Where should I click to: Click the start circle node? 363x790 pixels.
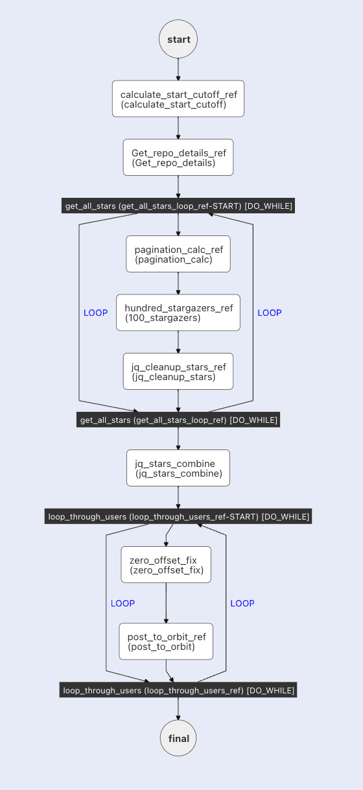pyautogui.click(x=178, y=40)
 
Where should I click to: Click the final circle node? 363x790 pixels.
pyautogui.click(x=178, y=738)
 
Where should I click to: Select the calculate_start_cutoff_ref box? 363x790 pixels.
pyautogui.click(x=178, y=99)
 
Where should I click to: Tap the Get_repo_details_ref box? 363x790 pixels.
pyautogui.click(x=178, y=157)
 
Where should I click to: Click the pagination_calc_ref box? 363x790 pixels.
pyautogui.click(x=178, y=254)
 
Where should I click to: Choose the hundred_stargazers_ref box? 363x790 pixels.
pyautogui.click(x=178, y=313)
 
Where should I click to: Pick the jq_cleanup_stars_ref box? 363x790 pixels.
pyautogui.click(x=178, y=371)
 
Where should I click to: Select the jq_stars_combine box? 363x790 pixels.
pyautogui.click(x=178, y=468)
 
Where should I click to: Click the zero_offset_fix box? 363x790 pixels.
pyautogui.click(x=166, y=564)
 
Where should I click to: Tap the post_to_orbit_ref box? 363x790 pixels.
pyautogui.click(x=166, y=641)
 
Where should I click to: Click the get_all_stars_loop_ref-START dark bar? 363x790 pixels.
pyautogui.click(x=178, y=206)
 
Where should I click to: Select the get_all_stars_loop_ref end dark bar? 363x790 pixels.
pyautogui.click(x=178, y=420)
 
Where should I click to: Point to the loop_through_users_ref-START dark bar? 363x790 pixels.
pyautogui.click(x=178, y=516)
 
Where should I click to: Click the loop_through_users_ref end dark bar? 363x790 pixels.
pyautogui.click(x=178, y=690)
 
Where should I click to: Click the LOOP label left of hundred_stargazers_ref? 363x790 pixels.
pyautogui.click(x=96, y=313)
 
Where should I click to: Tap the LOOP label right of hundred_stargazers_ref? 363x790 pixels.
pyautogui.click(x=270, y=313)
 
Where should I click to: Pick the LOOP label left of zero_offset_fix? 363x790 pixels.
pyautogui.click(x=123, y=603)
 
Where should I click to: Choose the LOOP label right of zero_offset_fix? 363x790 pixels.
pyautogui.click(x=242, y=603)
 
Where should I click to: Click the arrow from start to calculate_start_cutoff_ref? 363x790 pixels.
pyautogui.click(x=178, y=69)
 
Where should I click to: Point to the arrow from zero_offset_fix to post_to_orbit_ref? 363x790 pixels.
pyautogui.click(x=166, y=603)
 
